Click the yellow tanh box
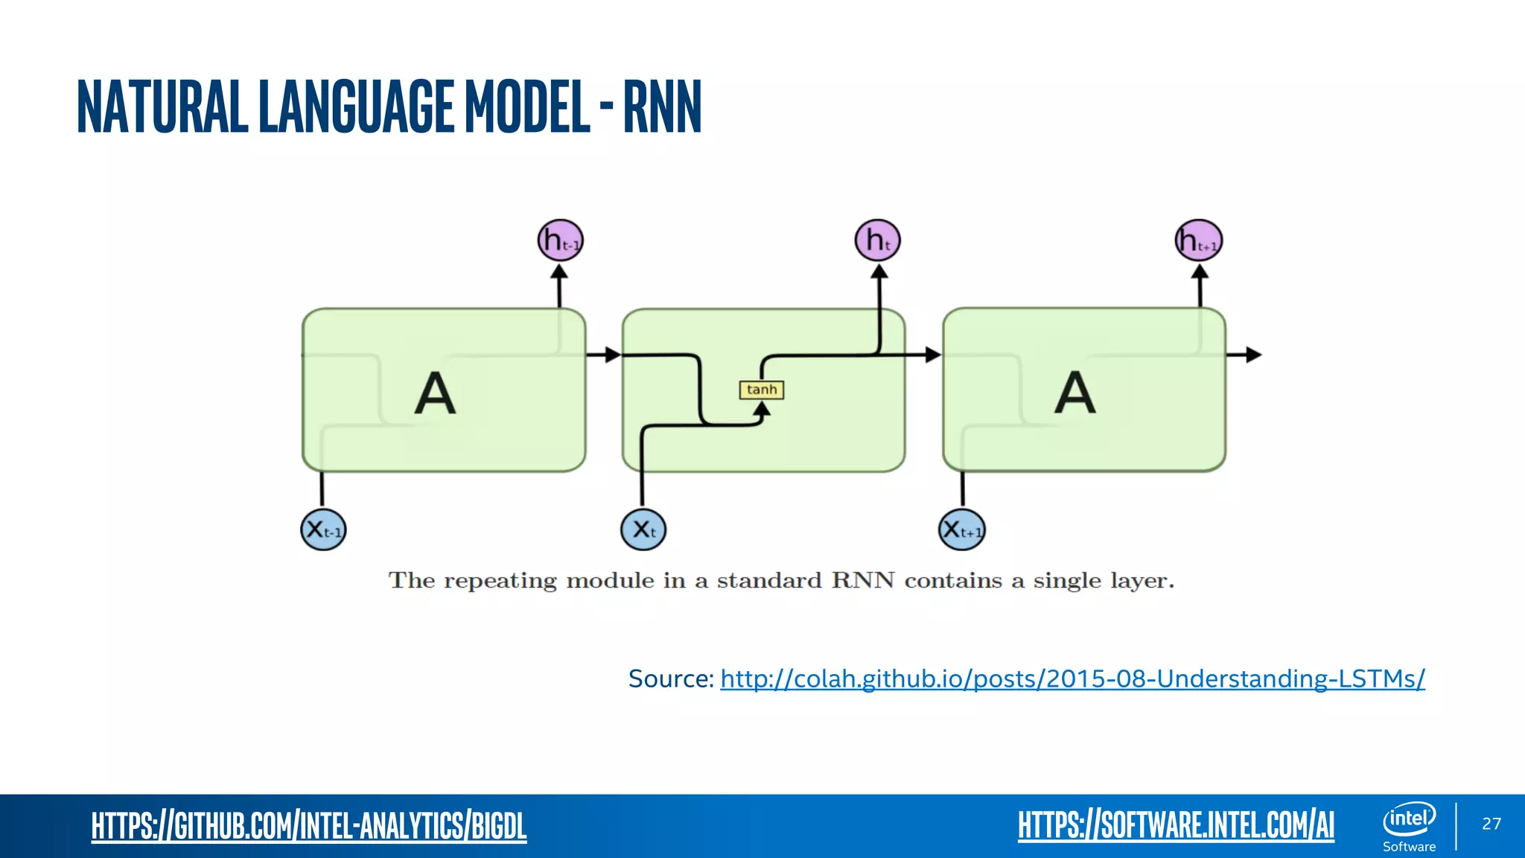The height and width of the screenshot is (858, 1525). (761, 390)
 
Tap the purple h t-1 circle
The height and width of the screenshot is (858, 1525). (560, 241)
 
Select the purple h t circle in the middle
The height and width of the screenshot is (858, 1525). (877, 241)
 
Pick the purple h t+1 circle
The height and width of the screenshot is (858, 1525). (1198, 241)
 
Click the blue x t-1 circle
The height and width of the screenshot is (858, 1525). (323, 530)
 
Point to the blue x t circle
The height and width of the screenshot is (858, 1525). (643, 530)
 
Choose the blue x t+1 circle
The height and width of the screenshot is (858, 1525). (961, 530)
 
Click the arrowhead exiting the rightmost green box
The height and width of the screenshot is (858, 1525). (1254, 355)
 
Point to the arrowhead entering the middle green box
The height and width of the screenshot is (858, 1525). (613, 355)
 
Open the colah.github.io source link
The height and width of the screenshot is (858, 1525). (1072, 679)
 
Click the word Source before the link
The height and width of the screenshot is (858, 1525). (670, 679)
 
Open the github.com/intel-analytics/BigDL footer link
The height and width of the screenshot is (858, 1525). (309, 826)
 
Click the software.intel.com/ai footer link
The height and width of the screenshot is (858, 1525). (1176, 825)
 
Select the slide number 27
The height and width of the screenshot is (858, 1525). (1491, 823)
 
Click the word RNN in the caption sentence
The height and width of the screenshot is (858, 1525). (862, 580)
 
